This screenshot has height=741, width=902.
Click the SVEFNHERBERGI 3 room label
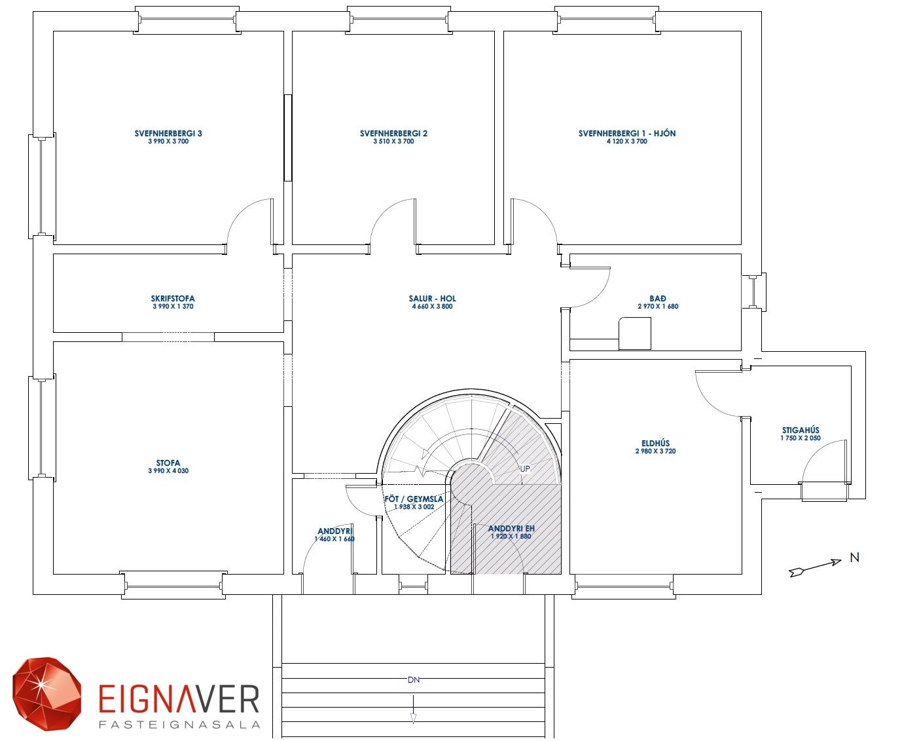click(x=168, y=134)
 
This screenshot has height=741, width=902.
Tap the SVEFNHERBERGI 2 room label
click(x=393, y=134)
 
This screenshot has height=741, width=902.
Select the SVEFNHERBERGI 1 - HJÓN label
click(x=627, y=134)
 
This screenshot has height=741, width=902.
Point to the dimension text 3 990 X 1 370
click(x=173, y=307)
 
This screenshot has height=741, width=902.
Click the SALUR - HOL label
click(x=432, y=299)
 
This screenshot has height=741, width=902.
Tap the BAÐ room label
click(x=658, y=299)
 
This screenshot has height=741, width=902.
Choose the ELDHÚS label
click(x=655, y=444)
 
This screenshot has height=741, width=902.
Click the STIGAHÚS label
click(x=801, y=430)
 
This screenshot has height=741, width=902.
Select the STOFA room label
click(x=168, y=463)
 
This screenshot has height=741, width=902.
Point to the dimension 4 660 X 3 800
click(x=432, y=307)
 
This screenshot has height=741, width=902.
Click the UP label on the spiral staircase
click(x=525, y=468)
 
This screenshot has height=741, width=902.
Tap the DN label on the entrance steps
click(x=413, y=680)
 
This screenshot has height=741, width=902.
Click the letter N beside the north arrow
click(x=854, y=558)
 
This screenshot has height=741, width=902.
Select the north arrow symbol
click(x=815, y=567)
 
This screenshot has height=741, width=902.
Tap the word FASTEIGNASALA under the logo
click(x=179, y=725)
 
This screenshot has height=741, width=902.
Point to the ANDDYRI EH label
click(x=511, y=529)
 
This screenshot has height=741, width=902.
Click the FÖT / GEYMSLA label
click(x=414, y=499)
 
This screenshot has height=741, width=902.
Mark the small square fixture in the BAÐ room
click(x=635, y=333)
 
